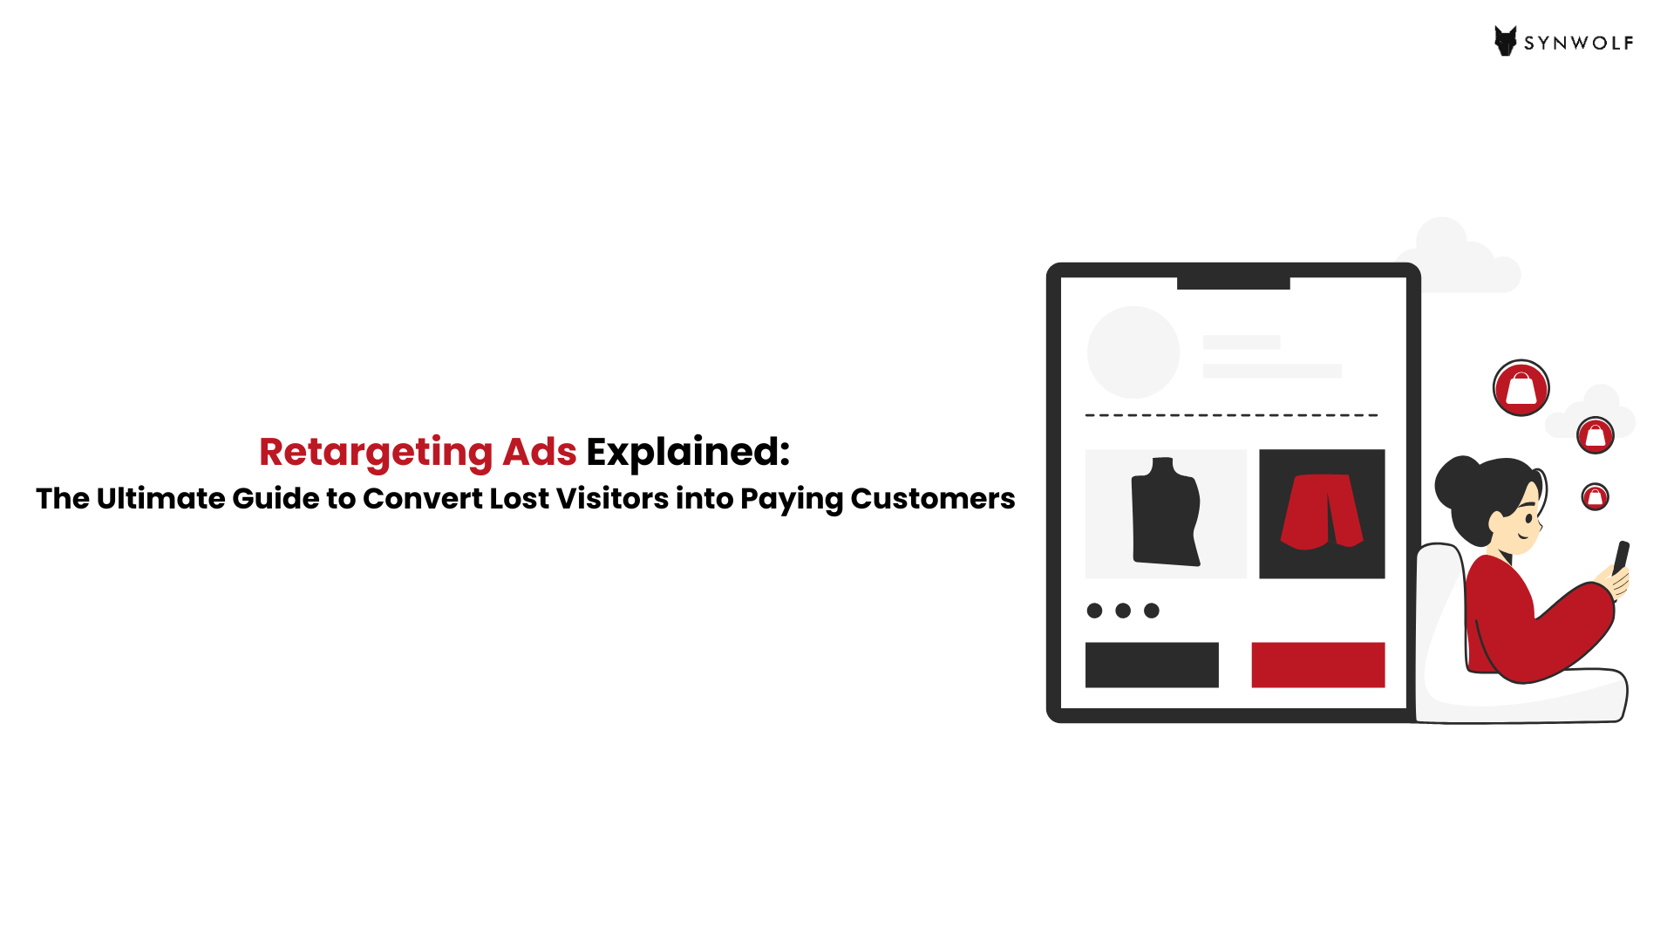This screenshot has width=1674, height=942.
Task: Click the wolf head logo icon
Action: coord(1506,41)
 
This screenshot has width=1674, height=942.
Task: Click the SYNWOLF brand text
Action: coord(1579,44)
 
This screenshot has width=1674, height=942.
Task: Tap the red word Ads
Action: coord(540,452)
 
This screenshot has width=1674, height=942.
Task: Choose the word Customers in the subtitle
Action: coord(933,498)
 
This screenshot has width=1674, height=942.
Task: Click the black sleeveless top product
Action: coord(1166,512)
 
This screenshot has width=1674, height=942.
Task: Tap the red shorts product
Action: coord(1322,512)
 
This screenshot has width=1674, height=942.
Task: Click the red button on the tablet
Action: coord(1318,665)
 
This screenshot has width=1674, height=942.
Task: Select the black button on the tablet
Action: coord(1152,665)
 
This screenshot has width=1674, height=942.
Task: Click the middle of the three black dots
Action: coord(1123,611)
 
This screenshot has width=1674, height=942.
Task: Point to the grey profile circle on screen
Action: coord(1133,352)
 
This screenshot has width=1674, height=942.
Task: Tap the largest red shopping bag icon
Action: coord(1521,388)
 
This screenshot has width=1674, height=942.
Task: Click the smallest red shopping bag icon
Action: coord(1596,497)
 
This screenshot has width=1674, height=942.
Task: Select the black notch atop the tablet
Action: coord(1234,283)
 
